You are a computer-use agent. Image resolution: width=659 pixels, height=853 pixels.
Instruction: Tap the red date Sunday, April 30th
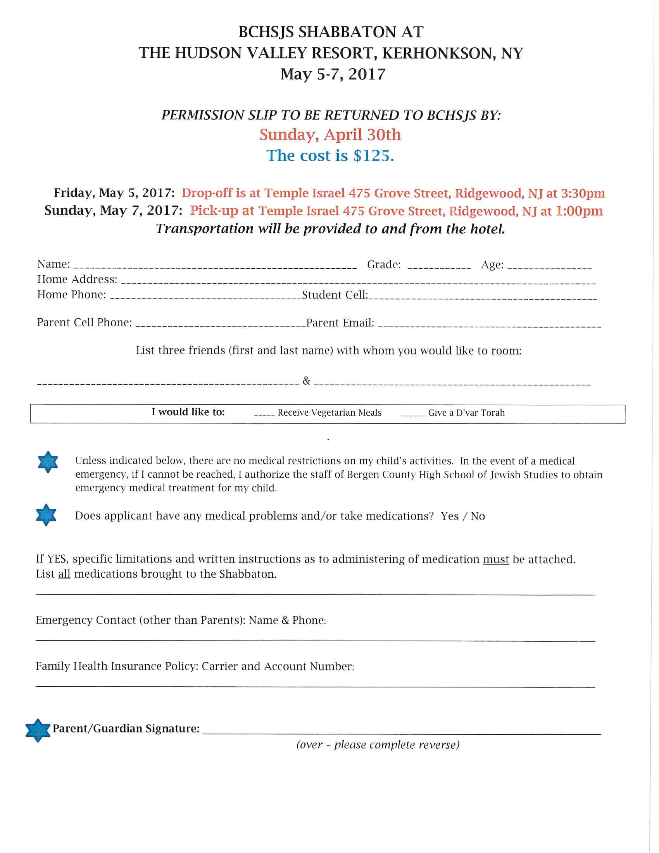(330, 135)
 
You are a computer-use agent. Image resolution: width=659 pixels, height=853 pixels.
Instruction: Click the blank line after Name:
(215, 266)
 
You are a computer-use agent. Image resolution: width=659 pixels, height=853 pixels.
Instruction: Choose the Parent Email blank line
(490, 325)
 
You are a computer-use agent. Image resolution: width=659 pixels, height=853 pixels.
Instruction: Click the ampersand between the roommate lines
(307, 380)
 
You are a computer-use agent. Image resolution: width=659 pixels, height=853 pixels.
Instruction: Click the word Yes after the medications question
(449, 516)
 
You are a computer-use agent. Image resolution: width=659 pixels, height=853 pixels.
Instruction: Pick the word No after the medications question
(478, 516)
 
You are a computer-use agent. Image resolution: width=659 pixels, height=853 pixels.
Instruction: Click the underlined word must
(496, 559)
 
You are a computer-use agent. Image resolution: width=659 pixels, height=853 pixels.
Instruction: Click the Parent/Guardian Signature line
(401, 733)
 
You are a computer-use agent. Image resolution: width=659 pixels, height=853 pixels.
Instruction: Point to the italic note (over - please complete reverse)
(378, 745)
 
